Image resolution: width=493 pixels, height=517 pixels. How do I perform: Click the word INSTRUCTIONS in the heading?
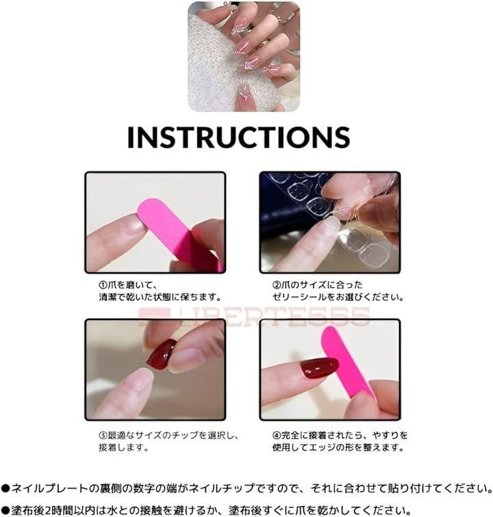(238, 137)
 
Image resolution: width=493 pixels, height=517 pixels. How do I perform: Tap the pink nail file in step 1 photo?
(178, 234)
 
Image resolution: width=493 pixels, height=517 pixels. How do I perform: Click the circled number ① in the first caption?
(103, 285)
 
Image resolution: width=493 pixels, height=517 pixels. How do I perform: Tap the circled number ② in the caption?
(277, 285)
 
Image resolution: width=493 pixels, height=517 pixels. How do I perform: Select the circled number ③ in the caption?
(103, 436)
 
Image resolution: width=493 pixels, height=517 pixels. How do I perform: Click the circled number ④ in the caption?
(277, 436)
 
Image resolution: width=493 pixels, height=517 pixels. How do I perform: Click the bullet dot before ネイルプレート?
(5, 489)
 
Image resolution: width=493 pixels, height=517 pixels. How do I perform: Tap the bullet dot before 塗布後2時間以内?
(5, 510)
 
